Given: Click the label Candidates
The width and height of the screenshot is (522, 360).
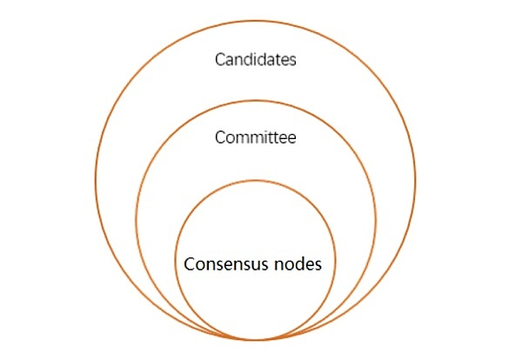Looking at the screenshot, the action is [x=255, y=59].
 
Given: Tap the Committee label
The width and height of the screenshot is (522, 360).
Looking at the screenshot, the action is [x=255, y=137].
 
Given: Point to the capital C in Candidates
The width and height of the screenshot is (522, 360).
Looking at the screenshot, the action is [x=220, y=60].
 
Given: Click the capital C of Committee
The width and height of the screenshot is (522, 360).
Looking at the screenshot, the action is [x=220, y=137].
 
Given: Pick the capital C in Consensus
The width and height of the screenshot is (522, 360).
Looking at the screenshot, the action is [x=189, y=264].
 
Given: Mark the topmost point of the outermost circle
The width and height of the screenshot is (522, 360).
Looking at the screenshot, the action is [x=256, y=21].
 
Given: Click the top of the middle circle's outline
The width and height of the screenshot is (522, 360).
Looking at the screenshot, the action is [x=256, y=101].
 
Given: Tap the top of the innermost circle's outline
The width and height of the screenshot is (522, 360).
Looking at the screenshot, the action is [x=256, y=181].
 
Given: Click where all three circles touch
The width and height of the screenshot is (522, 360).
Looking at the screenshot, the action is [x=256, y=340].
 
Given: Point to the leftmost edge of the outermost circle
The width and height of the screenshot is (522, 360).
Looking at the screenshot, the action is [x=96, y=180].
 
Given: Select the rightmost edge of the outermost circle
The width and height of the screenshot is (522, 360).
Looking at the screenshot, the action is [x=415, y=180].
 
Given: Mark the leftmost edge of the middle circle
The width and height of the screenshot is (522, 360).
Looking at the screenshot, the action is [x=137, y=220].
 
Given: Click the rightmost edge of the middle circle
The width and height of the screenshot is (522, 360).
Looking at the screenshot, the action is [x=376, y=220].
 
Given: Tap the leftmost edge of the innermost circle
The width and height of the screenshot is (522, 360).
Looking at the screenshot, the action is [x=176, y=260].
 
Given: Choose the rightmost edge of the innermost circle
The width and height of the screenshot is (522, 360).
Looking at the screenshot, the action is [x=335, y=260].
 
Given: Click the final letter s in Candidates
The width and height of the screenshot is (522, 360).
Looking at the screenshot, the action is [x=292, y=62].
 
